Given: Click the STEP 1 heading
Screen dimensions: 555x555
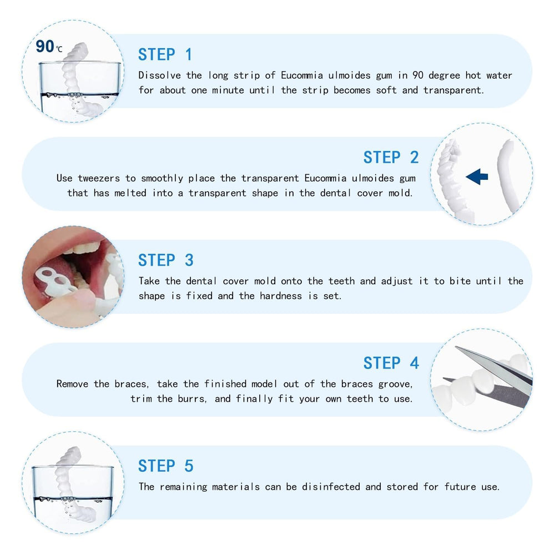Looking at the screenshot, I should (x=165, y=54).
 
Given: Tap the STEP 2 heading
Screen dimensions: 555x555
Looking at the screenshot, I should (x=391, y=158).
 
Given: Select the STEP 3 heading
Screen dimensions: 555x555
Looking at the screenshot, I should (x=165, y=260).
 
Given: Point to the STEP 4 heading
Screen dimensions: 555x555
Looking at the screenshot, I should (x=391, y=363).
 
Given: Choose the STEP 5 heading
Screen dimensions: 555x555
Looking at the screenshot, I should (x=165, y=466).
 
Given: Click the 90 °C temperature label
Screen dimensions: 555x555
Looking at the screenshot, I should (x=49, y=47).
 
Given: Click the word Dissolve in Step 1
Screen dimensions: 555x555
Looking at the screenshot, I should (x=160, y=75).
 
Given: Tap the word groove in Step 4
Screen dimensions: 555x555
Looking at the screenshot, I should (x=394, y=384).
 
